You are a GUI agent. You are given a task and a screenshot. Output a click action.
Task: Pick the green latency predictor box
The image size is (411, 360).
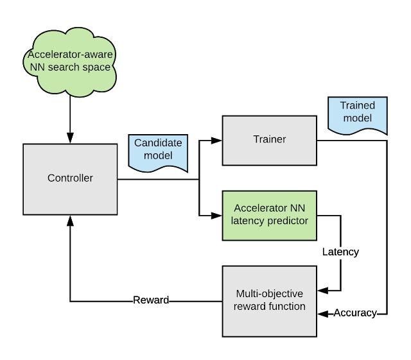269,215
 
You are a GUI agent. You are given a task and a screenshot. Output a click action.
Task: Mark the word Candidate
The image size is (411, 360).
158,143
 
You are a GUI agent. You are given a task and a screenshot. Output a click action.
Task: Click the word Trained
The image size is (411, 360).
358,106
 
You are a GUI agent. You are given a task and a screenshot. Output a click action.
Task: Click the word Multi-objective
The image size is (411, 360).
269,293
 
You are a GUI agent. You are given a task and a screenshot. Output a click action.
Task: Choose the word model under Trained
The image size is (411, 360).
358,119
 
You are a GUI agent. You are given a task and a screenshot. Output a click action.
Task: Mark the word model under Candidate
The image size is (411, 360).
158,156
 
